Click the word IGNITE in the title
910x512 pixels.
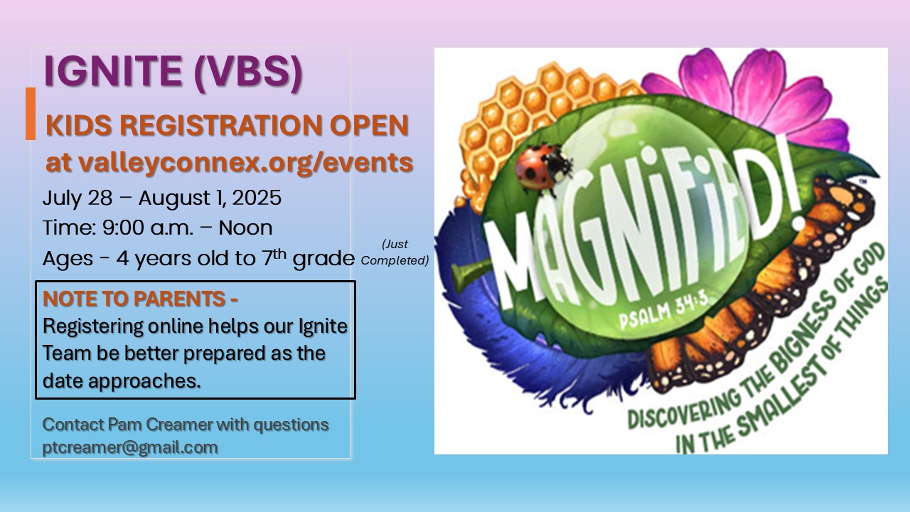pyautogui.click(x=113, y=71)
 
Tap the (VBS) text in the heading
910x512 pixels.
pyautogui.click(x=248, y=73)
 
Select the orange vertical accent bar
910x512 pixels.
pyautogui.click(x=31, y=114)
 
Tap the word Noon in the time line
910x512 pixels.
pyautogui.click(x=245, y=228)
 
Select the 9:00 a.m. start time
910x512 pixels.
pyautogui.click(x=147, y=228)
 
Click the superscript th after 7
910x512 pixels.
pyautogui.click(x=279, y=254)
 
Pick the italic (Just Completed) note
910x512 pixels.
pyautogui.click(x=395, y=252)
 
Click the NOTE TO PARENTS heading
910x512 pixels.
pyautogui.click(x=140, y=299)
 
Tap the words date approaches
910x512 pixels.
pyautogui.click(x=122, y=381)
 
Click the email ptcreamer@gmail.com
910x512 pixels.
pyautogui.click(x=130, y=448)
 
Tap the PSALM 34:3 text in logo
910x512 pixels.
pyautogui.click(x=664, y=310)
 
